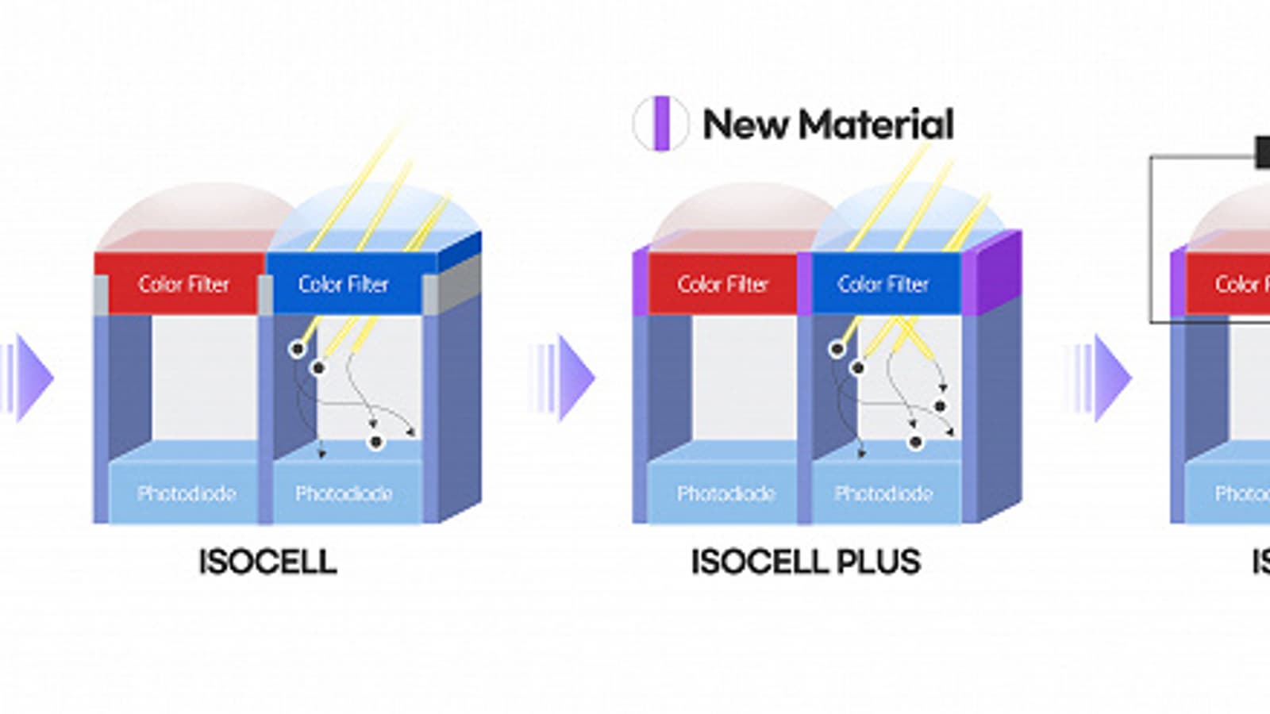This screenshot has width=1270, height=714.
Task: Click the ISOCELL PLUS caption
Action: point(805,562)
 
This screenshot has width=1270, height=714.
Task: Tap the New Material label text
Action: point(828,125)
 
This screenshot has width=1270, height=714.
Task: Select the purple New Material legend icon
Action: point(660,123)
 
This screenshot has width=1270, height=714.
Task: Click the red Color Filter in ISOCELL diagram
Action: point(183,284)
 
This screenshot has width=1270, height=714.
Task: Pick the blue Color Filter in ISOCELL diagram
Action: point(343,284)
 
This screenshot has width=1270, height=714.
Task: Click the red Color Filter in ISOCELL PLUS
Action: point(722,284)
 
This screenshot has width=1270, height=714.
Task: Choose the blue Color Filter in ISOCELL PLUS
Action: point(883,284)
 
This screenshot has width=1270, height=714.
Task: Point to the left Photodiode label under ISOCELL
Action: point(187,493)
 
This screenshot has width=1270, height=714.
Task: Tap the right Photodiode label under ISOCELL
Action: point(344,493)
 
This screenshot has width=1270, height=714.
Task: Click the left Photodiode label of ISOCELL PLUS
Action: point(725,493)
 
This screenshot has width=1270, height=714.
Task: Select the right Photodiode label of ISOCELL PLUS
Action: point(883,493)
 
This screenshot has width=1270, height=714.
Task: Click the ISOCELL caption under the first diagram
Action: point(267,562)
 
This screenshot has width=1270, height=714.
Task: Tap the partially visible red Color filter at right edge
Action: point(1230,284)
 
